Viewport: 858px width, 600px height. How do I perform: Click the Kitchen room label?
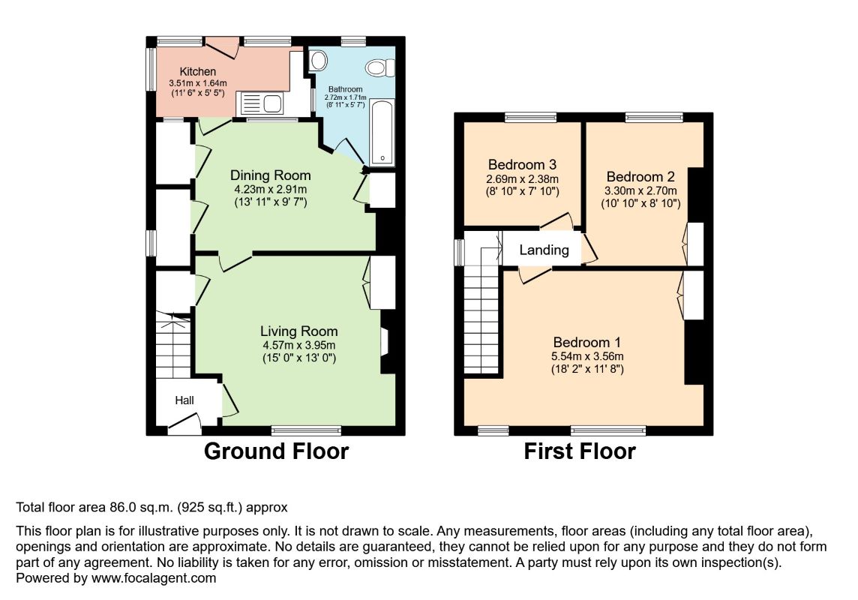coord(197,72)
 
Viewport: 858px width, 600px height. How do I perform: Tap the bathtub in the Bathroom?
coord(382,132)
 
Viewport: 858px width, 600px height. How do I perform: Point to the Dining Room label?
coord(270,175)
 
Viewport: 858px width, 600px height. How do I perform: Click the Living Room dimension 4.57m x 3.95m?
coord(298,345)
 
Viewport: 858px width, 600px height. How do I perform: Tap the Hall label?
coord(184,400)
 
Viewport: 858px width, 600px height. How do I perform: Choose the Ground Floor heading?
coord(276,451)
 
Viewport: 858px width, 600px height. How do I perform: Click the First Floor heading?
coord(580,451)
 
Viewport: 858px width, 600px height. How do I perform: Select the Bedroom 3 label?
coord(522,165)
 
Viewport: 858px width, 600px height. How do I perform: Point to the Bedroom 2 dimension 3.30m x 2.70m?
coord(640,191)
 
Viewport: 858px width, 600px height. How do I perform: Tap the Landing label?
coord(544,250)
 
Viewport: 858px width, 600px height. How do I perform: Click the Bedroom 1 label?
coord(586,343)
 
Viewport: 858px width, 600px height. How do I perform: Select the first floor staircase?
coord(481,310)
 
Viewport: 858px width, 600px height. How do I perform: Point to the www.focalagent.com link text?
coord(154,578)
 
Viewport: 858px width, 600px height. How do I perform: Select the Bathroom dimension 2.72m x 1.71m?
coord(345,97)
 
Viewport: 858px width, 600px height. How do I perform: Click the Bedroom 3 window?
coord(530,116)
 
